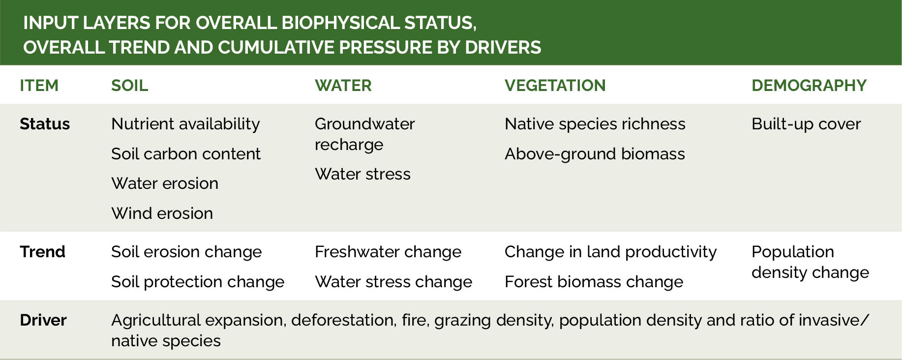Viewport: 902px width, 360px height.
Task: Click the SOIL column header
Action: pos(129,86)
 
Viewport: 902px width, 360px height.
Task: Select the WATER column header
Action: pos(343,86)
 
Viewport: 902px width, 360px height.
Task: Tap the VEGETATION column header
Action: pos(555,86)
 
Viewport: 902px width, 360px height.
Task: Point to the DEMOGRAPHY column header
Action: pos(809,86)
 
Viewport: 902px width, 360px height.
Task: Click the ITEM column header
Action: pos(39,86)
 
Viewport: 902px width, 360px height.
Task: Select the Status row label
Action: pos(45,124)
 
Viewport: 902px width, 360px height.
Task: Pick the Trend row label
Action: pos(42,252)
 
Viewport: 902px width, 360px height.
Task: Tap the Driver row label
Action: pos(43,320)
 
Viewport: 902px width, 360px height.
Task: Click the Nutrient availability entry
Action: pos(185,124)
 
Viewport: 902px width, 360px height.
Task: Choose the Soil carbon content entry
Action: pos(186,154)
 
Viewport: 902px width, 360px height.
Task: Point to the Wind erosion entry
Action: pos(162,213)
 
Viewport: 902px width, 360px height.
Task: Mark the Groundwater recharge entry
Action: pos(365,134)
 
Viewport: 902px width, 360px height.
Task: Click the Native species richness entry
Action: pos(595,124)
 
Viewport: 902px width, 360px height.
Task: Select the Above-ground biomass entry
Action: pos(595,154)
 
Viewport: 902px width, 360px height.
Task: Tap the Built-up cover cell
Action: pos(806,124)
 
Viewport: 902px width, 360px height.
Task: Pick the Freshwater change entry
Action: pos(388,252)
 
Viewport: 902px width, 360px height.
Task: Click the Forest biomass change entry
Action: pos(594,282)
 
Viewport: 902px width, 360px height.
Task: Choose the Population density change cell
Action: pos(810,262)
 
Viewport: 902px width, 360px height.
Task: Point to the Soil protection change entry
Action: pos(198,282)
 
